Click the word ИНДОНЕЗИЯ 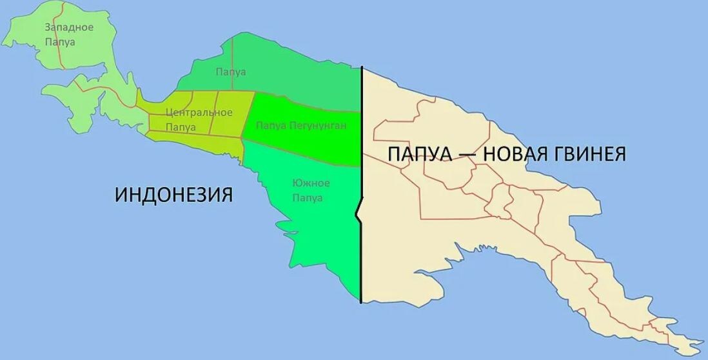[173, 194]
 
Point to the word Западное [69, 27]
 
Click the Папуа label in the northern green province [231, 72]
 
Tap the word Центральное [199, 112]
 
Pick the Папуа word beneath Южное [308, 198]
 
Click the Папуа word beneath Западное [61, 42]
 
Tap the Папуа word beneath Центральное [181, 127]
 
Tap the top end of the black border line [361, 67]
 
